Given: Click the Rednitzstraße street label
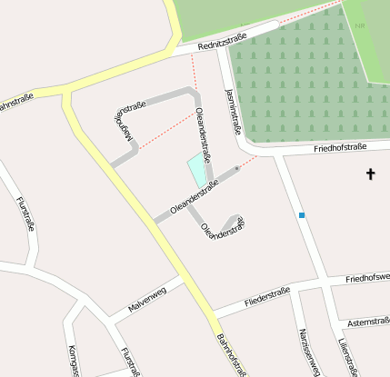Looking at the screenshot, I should point(225,38).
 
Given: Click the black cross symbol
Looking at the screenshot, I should point(370,173).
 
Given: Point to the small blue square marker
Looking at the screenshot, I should point(301,215).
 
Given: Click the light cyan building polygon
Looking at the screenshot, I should point(196,170).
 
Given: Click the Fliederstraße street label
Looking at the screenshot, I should point(267,296).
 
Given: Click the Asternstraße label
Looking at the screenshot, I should point(368,322).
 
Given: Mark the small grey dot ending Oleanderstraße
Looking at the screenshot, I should point(237,168).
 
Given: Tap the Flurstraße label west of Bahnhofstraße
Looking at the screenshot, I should point(25,214).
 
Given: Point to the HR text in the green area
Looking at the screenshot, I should point(360,25).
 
